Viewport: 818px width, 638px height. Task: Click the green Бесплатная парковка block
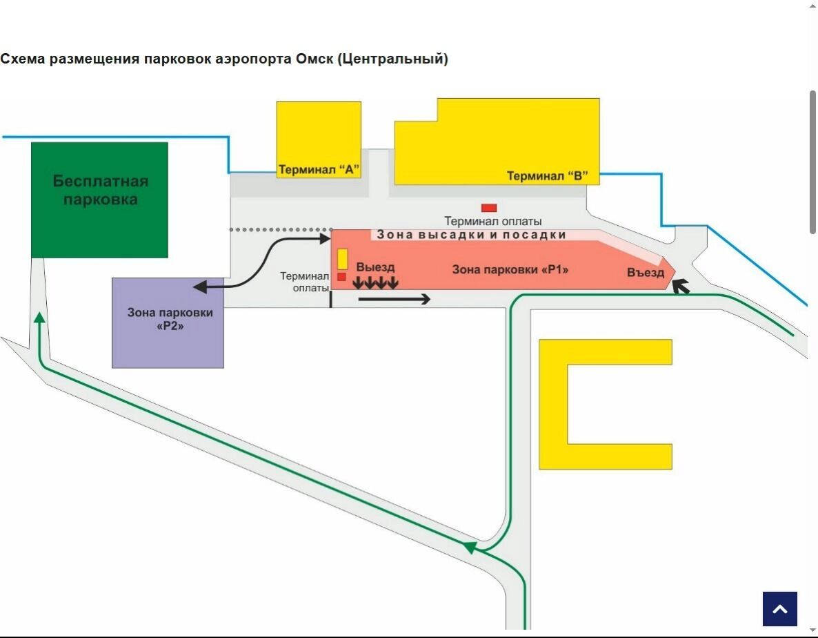pos(100,200)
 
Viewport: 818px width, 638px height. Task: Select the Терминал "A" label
pos(319,170)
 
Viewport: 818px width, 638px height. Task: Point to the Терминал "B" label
pos(548,176)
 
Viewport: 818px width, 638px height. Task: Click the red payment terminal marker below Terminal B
pos(489,208)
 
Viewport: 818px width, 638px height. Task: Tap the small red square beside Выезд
pos(341,277)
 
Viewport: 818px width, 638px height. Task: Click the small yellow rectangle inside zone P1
pos(342,259)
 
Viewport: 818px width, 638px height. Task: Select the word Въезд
pos(646,273)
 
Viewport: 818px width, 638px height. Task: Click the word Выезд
pos(375,267)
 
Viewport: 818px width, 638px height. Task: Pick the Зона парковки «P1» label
pos(510,269)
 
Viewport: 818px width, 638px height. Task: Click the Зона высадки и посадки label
pos(472,235)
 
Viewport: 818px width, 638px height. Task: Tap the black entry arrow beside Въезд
pos(681,286)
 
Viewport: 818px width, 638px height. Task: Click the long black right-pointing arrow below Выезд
pos(395,299)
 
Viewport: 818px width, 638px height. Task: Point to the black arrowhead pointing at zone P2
pos(199,287)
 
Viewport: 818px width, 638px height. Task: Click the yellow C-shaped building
pos(553,404)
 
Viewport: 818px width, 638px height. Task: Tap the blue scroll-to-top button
pos(779,608)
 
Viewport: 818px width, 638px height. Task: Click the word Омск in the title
pos(315,59)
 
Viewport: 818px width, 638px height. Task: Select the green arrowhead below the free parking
pos(40,317)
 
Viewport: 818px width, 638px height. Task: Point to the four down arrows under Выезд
pos(376,282)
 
